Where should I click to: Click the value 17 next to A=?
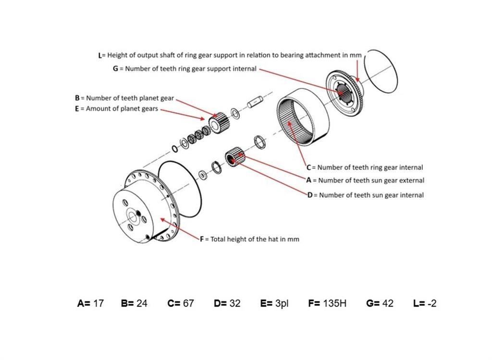(x=98, y=303)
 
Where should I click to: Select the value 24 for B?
(x=141, y=303)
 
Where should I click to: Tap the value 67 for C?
(x=188, y=303)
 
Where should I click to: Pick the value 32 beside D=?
(x=234, y=303)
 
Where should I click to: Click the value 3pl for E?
(x=282, y=303)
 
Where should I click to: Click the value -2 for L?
(x=431, y=303)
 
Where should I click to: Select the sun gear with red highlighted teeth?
(x=235, y=157)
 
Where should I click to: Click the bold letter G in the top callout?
(x=115, y=69)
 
